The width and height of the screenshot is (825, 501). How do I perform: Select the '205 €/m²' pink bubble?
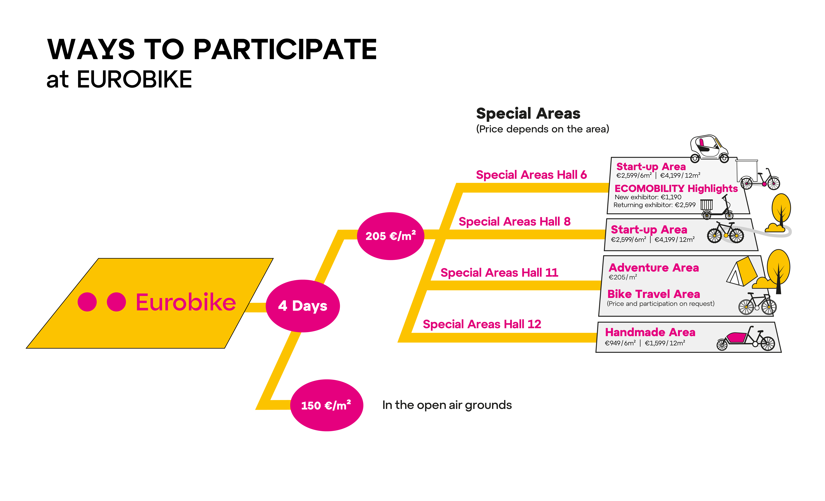coord(391,236)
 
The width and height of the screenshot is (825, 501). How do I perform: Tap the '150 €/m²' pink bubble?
coord(326,405)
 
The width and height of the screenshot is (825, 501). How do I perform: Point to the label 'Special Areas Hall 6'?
coord(531,175)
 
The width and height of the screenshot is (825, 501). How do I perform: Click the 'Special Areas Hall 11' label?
coord(499,272)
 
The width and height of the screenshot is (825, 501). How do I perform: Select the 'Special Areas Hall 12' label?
coord(482,324)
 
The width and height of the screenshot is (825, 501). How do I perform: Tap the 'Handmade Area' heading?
coord(650,332)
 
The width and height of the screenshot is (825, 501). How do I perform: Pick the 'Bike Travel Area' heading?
coord(654,294)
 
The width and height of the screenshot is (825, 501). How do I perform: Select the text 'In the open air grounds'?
coord(447,405)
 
